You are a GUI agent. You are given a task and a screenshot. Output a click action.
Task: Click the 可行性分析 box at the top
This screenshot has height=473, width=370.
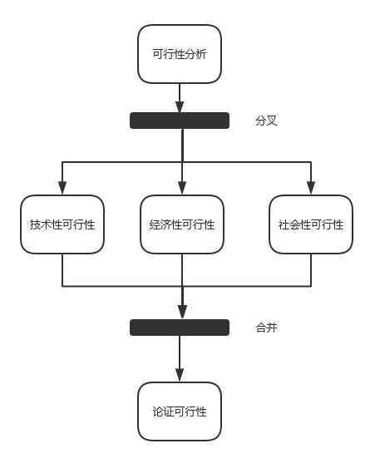click(180, 54)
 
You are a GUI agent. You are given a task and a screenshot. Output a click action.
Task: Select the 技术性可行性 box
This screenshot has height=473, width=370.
click(62, 224)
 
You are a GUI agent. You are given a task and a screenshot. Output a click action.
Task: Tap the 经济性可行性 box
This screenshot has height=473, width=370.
click(182, 224)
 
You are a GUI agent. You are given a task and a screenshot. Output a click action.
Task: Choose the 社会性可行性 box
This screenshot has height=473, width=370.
click(311, 224)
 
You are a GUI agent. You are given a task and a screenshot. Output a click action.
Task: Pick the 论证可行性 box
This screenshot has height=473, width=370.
click(180, 411)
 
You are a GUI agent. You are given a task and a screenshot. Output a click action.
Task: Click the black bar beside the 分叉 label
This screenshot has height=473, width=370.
click(180, 121)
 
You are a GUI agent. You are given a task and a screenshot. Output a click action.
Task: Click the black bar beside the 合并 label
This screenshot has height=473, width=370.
click(180, 328)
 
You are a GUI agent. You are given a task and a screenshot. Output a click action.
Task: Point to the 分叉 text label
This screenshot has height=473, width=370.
click(266, 121)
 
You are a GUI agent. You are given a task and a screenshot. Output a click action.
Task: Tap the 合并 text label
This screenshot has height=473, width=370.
click(267, 328)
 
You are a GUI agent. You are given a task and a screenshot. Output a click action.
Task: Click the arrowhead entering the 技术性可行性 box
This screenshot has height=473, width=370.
click(62, 188)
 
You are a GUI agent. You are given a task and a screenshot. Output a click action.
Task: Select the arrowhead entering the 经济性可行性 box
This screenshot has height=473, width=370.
click(182, 188)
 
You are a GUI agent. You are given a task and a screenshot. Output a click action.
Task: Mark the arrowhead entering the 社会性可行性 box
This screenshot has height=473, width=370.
click(311, 188)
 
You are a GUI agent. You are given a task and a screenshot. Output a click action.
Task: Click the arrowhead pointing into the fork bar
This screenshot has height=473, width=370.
click(180, 106)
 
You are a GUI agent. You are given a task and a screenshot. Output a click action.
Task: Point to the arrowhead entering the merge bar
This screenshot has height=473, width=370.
click(182, 313)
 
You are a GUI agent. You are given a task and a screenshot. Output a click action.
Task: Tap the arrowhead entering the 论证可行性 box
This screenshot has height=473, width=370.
click(180, 376)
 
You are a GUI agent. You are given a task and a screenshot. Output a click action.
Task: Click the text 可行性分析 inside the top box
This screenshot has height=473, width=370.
click(180, 54)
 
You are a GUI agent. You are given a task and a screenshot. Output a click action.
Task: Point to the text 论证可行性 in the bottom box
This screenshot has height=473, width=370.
click(180, 411)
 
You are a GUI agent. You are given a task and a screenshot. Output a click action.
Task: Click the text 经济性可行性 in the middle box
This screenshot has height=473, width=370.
click(182, 224)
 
